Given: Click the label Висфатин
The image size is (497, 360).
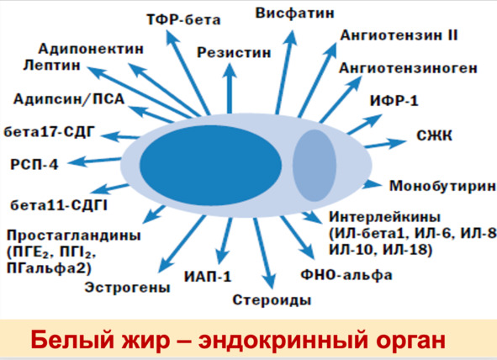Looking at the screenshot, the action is [x=295, y=13].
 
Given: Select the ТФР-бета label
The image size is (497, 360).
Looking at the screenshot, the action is [x=183, y=20].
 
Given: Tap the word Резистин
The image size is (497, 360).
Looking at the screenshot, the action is [x=234, y=53].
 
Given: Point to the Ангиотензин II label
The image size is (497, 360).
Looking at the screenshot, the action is [x=399, y=35].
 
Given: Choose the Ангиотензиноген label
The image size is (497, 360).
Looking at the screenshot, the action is [x=408, y=68].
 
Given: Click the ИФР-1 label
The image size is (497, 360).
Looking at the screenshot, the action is [x=394, y=101].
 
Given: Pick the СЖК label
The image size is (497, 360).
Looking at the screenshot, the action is [x=434, y=136].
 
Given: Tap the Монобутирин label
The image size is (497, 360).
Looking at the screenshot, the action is [x=442, y=186].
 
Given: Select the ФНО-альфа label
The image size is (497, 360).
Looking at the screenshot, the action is [x=346, y=275].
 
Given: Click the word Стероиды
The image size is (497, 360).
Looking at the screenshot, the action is [x=272, y=299].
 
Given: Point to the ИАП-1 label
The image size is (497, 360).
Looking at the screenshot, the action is [x=208, y=277].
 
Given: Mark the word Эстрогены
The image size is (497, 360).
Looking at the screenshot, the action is [x=128, y=288].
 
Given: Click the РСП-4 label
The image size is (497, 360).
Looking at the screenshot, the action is [x=34, y=165].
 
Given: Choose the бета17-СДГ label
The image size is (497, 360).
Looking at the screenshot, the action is [x=50, y=132].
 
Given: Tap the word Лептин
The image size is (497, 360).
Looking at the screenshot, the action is [x=51, y=66].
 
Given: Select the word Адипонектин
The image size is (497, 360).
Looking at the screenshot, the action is [x=91, y=49].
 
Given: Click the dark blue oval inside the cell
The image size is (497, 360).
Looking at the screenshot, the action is [x=210, y=165].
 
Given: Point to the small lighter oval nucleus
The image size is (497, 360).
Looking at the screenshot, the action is [x=315, y=166].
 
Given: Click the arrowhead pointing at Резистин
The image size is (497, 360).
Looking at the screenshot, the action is [x=230, y=71].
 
